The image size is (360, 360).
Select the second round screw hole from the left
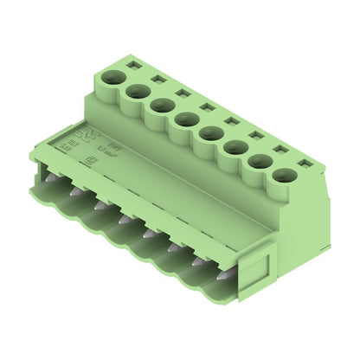click(x=137, y=91)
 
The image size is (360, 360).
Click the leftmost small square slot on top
click(x=133, y=63)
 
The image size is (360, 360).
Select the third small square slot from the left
click(x=182, y=92)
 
